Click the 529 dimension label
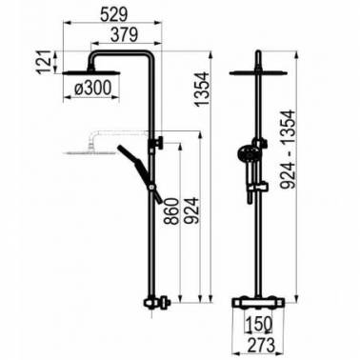113,13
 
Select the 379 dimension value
124,34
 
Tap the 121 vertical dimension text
44,61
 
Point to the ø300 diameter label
93,88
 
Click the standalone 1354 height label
202,89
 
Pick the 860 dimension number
171,211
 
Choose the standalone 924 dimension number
191,211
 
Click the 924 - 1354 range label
289,150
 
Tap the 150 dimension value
259,324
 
